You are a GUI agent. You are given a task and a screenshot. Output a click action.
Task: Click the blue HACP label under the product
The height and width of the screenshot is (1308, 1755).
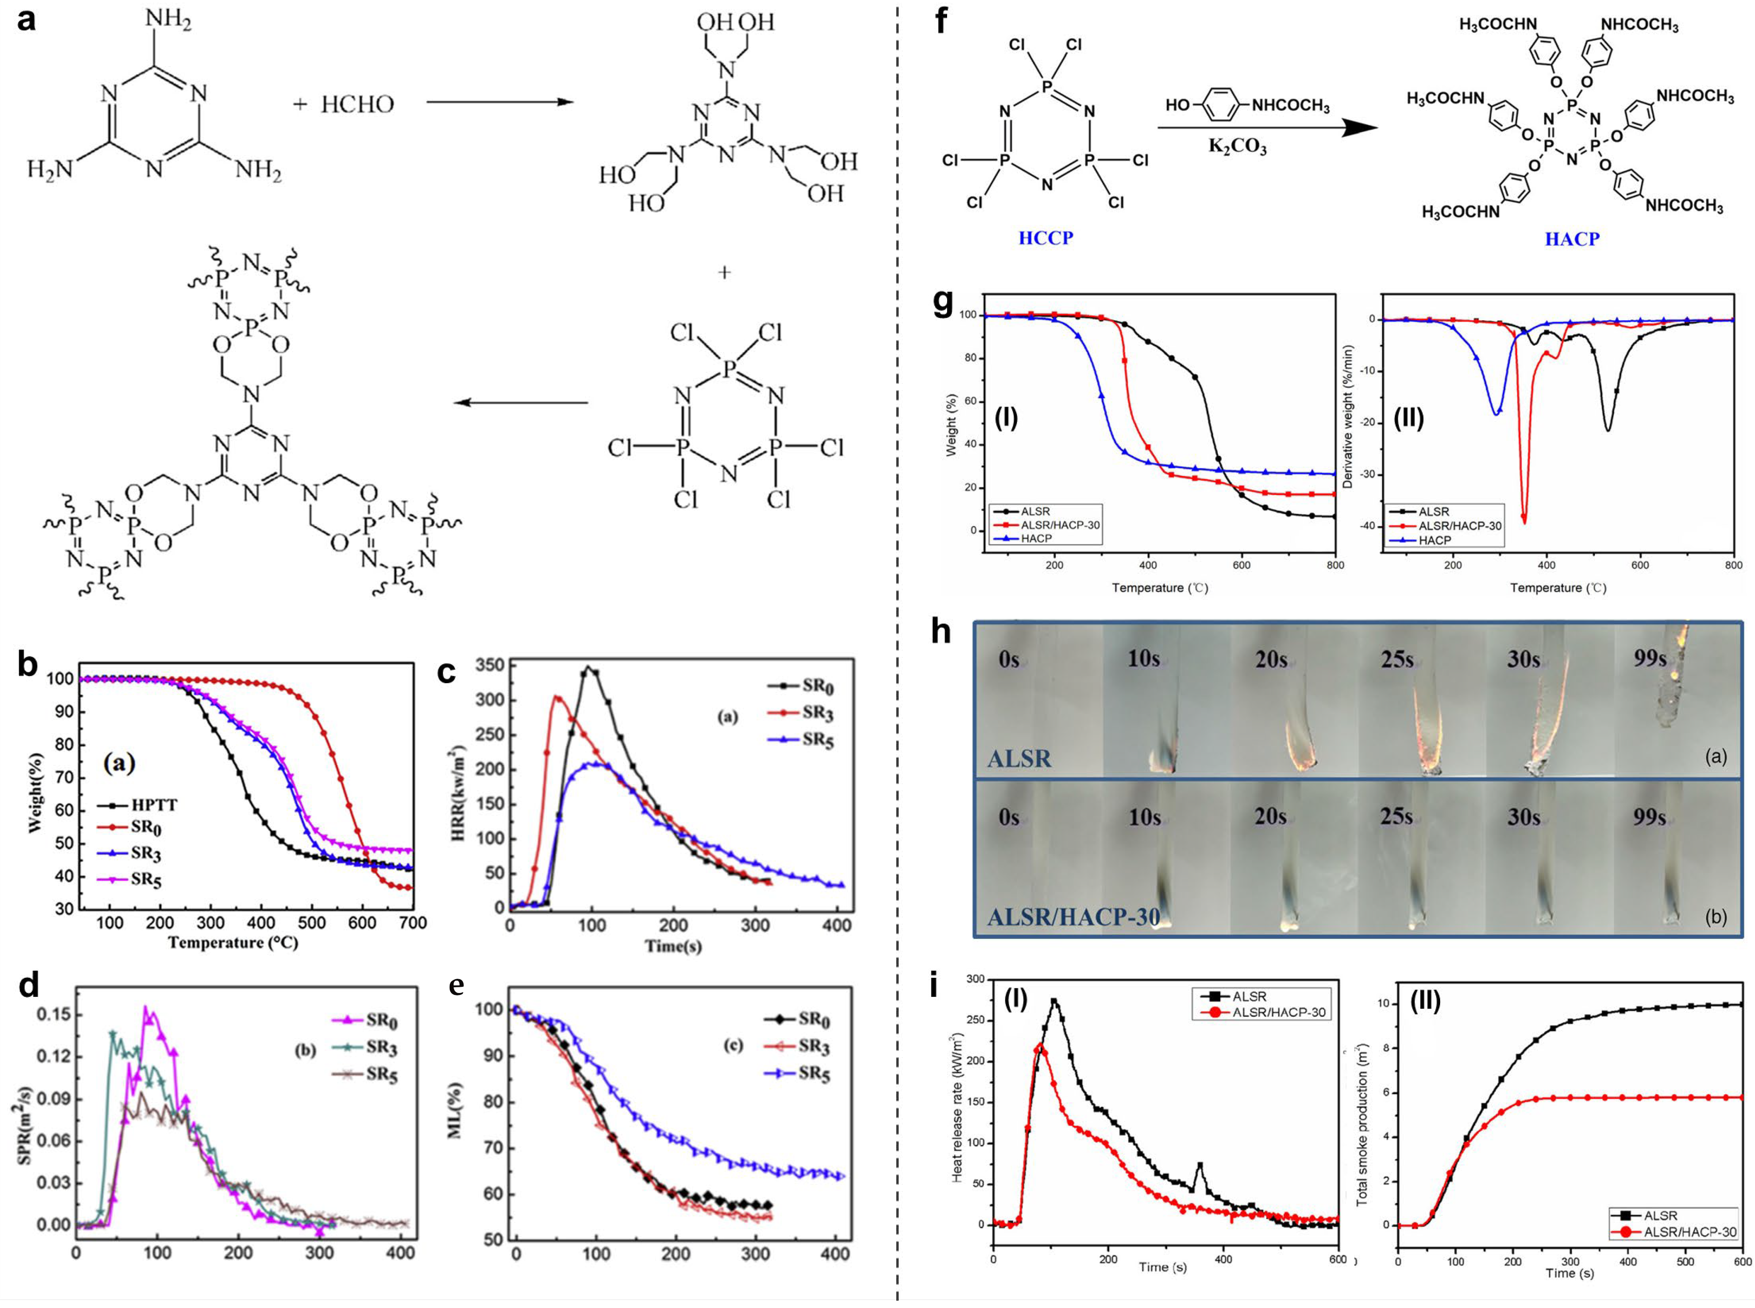pos(1571,239)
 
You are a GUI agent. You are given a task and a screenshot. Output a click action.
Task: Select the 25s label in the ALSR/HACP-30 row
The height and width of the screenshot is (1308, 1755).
pos(1397,816)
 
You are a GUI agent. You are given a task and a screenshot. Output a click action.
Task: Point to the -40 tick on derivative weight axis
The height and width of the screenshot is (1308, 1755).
pos(1364,526)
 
